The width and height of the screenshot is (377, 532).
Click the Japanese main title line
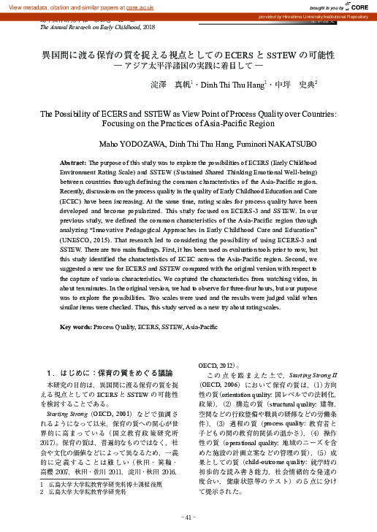click(x=188, y=55)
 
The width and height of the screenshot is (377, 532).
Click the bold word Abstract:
click(x=73, y=161)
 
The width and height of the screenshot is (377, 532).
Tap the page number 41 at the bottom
click(x=188, y=518)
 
